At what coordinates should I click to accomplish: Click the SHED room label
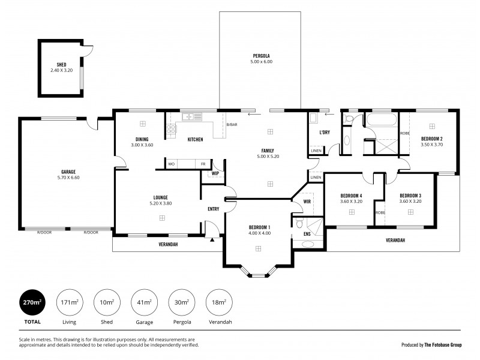[x=61, y=65]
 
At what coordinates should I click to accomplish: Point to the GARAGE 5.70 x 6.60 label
[x=68, y=175]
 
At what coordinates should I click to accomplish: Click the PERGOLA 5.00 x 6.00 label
[x=262, y=58]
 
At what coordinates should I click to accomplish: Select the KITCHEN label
[x=195, y=140]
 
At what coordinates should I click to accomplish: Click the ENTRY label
[x=213, y=209]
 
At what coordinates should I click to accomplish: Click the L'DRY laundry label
[x=325, y=132]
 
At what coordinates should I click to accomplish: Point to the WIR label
[x=307, y=202]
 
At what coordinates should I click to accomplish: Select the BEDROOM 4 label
[x=351, y=196]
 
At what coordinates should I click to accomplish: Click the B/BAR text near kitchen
[x=231, y=125]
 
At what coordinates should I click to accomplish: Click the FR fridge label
[x=203, y=164]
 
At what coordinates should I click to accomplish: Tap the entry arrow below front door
[x=212, y=239]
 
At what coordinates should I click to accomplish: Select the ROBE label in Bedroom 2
[x=404, y=133]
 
